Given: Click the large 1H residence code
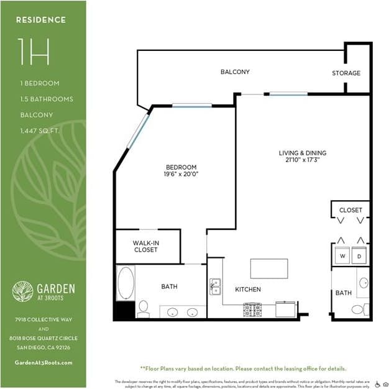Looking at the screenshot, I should tap(34, 52).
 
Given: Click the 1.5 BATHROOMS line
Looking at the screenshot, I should tap(47, 99).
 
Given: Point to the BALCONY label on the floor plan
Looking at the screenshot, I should tap(235, 72).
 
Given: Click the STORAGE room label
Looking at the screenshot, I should tap(346, 73).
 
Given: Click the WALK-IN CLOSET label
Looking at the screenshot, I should tap(145, 246).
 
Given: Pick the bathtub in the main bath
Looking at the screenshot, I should tap(126, 283).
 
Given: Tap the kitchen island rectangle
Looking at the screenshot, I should tap(269, 268).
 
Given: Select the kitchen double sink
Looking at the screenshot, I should tap(216, 287).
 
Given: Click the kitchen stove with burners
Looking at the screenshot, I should tap(252, 309).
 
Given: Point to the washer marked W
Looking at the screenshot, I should tap(341, 255).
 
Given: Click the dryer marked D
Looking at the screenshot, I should tap(359, 255).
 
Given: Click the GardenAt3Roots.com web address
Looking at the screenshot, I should tap(43, 362).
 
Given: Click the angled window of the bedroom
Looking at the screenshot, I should tap(138, 129).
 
